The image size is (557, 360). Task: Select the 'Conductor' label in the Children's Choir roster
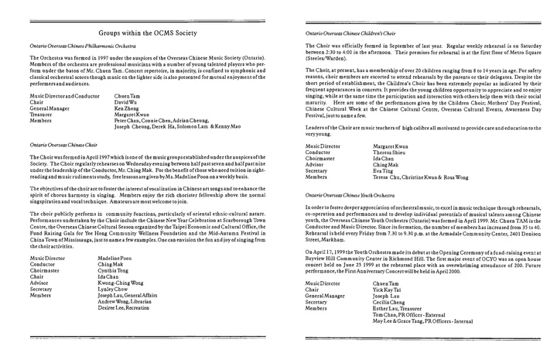pos(320,152)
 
